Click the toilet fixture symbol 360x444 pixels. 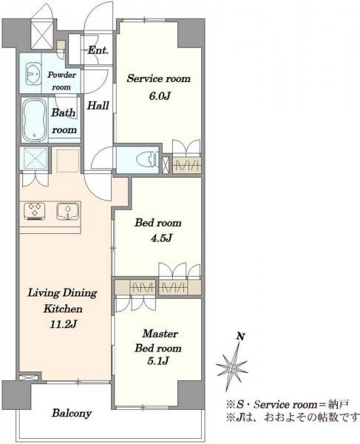(146, 159)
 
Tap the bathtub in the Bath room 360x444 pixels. (35, 120)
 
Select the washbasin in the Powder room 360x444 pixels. (33, 73)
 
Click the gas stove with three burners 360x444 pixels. (35, 211)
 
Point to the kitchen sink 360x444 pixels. (68, 211)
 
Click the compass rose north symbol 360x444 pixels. (232, 368)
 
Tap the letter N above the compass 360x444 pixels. (240, 337)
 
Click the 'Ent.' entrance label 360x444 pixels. (98, 50)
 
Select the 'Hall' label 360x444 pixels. (98, 106)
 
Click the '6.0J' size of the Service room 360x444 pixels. (159, 96)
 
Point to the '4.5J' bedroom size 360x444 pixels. (161, 238)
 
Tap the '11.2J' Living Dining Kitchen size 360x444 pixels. (63, 324)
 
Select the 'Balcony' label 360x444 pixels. (72, 413)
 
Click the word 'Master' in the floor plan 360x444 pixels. (160, 334)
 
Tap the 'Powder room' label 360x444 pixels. (61, 81)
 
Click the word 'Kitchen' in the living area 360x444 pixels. (63, 309)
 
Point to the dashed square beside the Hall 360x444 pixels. (68, 161)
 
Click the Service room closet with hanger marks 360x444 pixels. (187, 164)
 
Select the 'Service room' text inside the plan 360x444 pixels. (159, 78)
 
